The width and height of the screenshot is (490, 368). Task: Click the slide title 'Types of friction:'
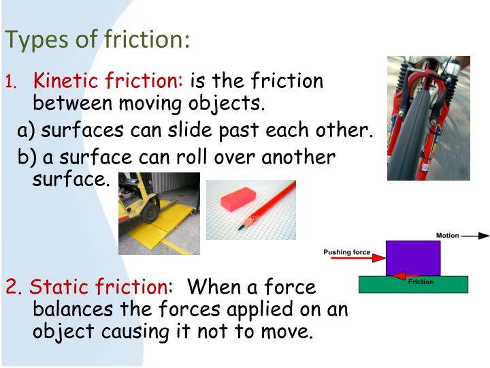click(x=97, y=39)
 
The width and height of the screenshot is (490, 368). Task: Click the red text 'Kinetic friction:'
click(x=108, y=82)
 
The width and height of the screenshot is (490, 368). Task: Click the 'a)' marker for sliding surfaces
click(x=27, y=131)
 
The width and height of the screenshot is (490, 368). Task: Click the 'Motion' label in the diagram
click(x=447, y=236)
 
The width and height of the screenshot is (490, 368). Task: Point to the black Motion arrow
click(x=476, y=236)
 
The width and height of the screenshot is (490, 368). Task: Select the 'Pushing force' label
click(x=346, y=252)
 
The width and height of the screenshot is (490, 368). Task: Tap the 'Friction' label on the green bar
click(x=421, y=281)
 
